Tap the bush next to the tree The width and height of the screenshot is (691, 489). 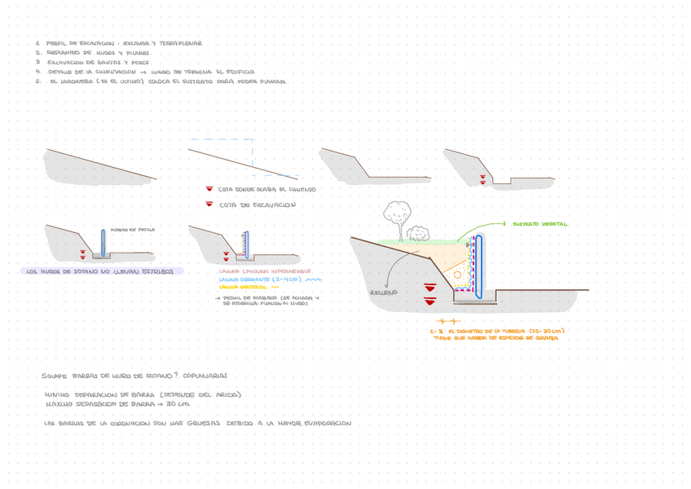click(x=419, y=233)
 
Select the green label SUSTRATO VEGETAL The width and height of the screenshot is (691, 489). click(x=540, y=224)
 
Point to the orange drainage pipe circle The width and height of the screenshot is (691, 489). click(x=457, y=275)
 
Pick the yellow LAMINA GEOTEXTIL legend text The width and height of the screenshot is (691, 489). click(x=244, y=287)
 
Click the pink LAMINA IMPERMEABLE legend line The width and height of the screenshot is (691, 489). click(x=265, y=271)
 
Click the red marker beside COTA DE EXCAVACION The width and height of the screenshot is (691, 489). click(x=209, y=204)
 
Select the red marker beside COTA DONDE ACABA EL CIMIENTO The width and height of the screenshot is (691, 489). click(x=209, y=189)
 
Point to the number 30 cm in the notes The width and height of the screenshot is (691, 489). click(x=178, y=403)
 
